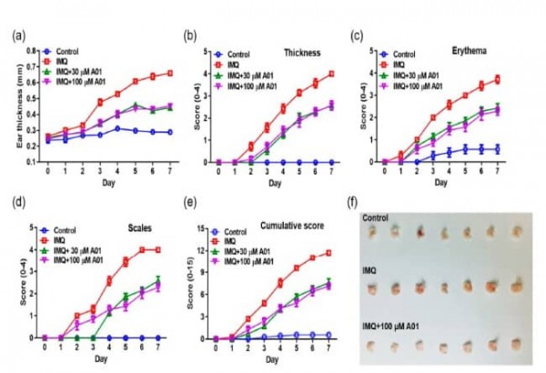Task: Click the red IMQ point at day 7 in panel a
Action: tap(169, 73)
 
